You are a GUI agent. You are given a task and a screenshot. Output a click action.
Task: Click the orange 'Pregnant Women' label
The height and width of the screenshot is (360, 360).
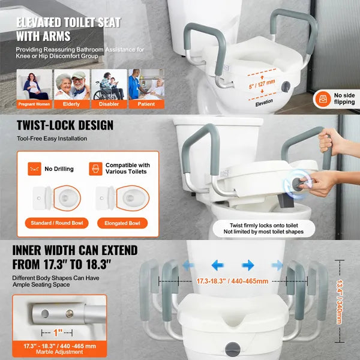click(34, 104)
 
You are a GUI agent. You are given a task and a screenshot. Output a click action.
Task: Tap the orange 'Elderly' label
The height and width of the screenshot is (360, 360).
click(71, 104)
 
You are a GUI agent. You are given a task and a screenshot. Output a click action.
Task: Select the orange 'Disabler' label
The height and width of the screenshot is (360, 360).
click(109, 104)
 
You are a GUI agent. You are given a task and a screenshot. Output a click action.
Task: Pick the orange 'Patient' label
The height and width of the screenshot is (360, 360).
click(146, 104)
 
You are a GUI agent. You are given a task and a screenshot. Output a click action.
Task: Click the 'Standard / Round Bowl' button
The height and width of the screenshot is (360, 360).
click(57, 223)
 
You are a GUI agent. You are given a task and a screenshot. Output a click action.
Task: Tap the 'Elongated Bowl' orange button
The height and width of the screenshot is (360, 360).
click(122, 223)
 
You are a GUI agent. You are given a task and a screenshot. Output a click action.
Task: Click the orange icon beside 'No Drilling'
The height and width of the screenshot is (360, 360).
click(34, 169)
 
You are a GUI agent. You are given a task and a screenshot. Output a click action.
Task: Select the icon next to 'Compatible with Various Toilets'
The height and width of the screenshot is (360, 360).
click(96, 169)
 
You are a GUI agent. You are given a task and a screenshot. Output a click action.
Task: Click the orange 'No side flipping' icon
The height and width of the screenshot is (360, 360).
click(323, 99)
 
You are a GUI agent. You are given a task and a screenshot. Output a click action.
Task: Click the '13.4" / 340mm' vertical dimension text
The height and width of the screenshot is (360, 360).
click(340, 302)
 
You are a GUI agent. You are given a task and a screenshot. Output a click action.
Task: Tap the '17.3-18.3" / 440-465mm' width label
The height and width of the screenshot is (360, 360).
click(232, 281)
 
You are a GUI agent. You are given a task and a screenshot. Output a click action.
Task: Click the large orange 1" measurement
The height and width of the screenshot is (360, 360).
click(58, 332)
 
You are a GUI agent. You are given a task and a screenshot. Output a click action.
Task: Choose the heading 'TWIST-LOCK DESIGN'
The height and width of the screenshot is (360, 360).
click(65, 125)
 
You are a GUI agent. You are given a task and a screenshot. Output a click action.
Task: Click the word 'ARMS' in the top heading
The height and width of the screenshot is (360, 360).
click(56, 36)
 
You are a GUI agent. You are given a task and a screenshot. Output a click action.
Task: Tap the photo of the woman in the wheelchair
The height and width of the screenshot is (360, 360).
click(109, 85)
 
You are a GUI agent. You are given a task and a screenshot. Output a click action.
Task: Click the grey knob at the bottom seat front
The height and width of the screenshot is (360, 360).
click(233, 349)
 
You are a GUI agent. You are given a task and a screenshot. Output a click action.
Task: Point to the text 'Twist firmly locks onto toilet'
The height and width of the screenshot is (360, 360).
click(264, 226)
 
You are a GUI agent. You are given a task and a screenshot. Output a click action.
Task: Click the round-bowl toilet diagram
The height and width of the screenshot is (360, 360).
click(57, 198)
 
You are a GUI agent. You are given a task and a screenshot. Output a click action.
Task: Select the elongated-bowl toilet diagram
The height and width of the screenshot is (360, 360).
click(122, 198)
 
